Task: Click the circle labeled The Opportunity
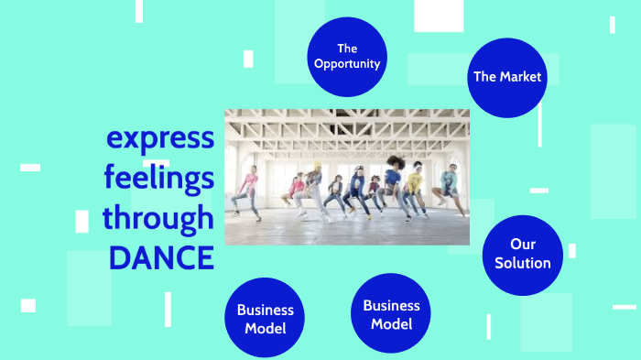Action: [x=346, y=56]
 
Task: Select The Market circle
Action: [x=506, y=77]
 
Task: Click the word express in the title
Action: [x=160, y=138]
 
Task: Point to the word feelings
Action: [x=159, y=178]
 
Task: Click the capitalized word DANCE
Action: [x=161, y=257]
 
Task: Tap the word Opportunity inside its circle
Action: [x=346, y=63]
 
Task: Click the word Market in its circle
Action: [x=520, y=77]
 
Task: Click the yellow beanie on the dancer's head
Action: [x=317, y=165]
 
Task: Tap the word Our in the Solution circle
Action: [x=523, y=245]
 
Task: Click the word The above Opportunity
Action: [x=346, y=48]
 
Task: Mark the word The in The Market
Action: [x=484, y=77]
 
